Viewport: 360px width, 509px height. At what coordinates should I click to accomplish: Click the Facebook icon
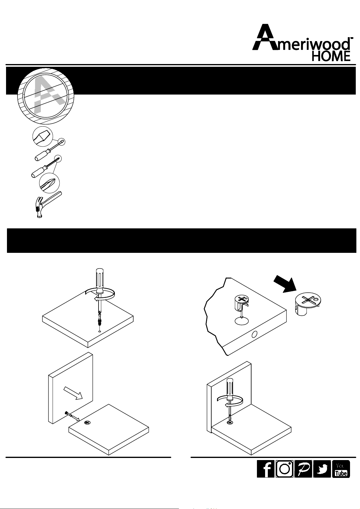coord(265,469)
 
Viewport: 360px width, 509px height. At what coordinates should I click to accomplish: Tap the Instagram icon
coord(284,469)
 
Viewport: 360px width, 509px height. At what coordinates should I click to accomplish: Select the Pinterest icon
coord(303,469)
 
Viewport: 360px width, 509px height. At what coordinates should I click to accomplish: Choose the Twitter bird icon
coord(322,469)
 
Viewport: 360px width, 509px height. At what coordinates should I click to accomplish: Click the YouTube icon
coord(341,469)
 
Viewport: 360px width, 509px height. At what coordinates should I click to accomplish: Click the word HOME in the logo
coord(331,56)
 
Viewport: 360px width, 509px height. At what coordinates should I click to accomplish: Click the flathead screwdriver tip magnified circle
coord(43,136)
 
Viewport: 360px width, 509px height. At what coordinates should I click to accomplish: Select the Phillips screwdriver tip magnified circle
coord(49,183)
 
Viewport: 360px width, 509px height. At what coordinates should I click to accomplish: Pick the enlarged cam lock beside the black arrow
coord(308,304)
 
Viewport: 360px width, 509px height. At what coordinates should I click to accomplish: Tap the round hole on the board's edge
coord(255,334)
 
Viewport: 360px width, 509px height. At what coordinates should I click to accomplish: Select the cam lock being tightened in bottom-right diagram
coord(230,423)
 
